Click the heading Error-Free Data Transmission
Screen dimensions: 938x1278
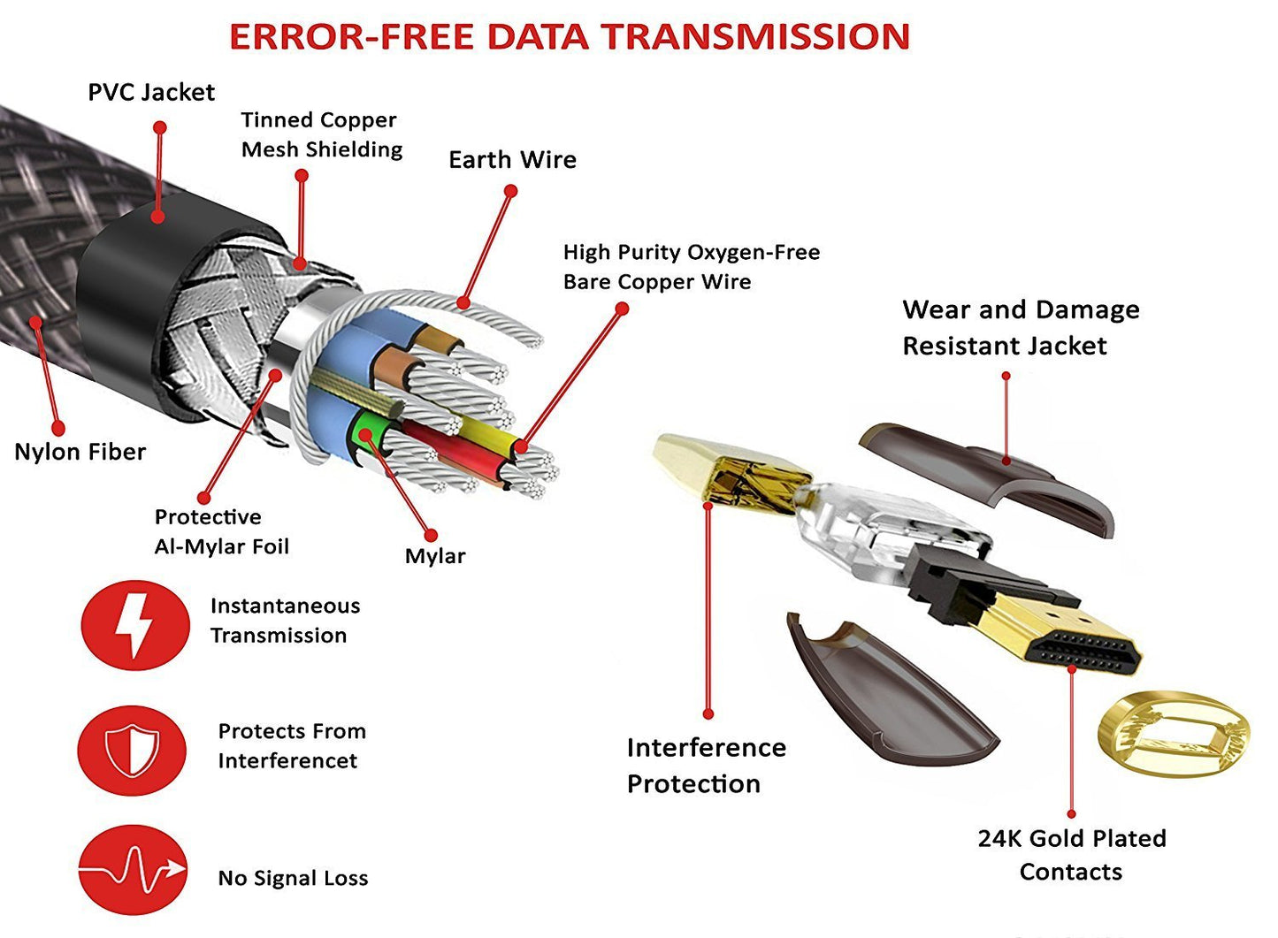coord(570,37)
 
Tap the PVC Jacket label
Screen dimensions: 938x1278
coord(151,93)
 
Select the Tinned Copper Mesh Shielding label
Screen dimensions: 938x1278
coord(321,134)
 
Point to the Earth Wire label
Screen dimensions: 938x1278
coord(512,160)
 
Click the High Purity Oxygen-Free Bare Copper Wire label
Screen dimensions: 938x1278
coord(691,267)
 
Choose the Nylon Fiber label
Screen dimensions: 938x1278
coord(80,452)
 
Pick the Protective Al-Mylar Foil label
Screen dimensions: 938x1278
coord(221,531)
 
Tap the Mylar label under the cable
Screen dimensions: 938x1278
coord(434,556)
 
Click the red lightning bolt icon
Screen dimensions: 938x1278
coord(134,624)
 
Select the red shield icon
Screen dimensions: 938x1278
coord(132,751)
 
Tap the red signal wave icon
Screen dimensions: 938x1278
coord(133,870)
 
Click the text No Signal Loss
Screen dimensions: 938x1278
coord(293,878)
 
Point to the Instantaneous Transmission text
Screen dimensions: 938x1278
coord(285,621)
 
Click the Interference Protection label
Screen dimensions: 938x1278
coord(706,766)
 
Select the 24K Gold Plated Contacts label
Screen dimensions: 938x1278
coord(1071,855)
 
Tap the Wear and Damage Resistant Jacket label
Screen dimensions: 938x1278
coord(1021,328)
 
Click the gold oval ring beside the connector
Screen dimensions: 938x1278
coord(1173,735)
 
